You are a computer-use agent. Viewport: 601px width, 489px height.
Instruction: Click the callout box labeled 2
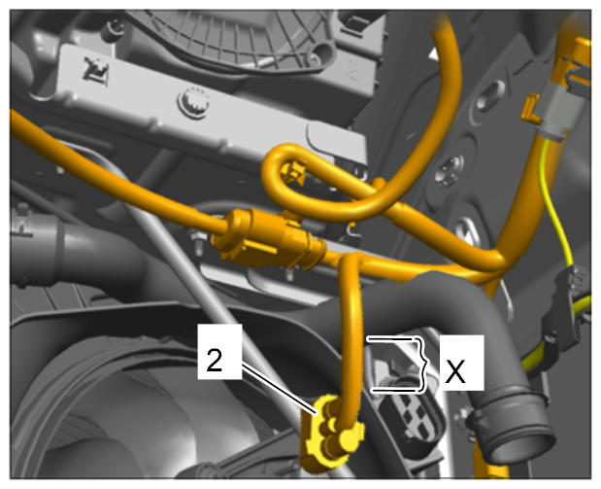[x=219, y=351]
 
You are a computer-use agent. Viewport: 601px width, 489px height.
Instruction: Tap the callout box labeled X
[x=461, y=363]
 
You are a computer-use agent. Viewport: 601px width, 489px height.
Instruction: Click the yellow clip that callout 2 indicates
[x=331, y=432]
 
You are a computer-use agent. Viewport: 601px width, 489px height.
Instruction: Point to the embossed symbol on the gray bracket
[x=95, y=70]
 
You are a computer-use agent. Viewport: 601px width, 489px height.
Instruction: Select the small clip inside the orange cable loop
[x=294, y=173]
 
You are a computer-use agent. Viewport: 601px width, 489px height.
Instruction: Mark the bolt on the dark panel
[x=449, y=170]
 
